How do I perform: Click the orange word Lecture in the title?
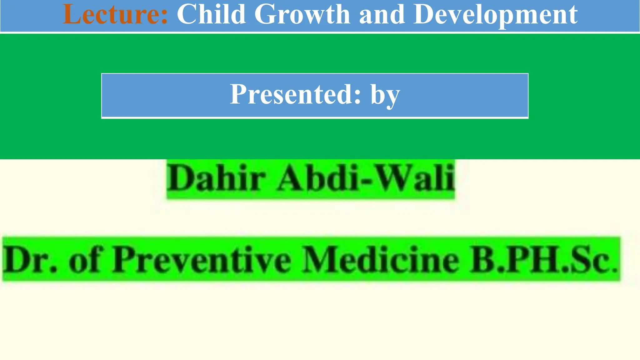(112, 14)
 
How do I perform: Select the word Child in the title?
(211, 14)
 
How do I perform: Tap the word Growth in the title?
(302, 14)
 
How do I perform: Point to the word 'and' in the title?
(382, 14)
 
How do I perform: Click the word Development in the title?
(495, 15)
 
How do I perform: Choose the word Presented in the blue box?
(292, 94)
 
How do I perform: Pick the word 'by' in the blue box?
(385, 95)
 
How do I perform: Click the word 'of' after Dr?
(84, 260)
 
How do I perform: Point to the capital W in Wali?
(394, 177)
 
